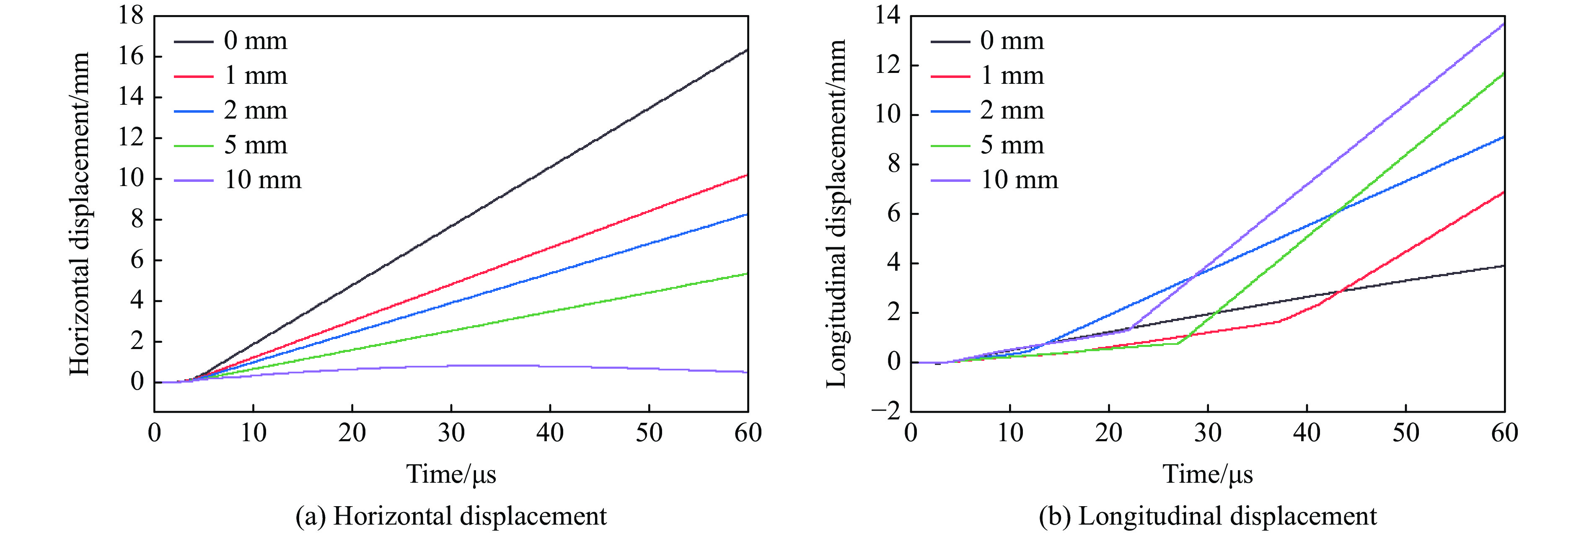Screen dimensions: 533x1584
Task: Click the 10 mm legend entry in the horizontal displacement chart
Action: (263, 180)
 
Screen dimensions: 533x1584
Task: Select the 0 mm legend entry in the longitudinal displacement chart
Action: (1012, 41)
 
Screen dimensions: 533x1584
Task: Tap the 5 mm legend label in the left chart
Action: (255, 145)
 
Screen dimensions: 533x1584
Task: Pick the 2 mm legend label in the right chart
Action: (1012, 111)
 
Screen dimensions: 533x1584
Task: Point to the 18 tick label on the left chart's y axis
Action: (131, 16)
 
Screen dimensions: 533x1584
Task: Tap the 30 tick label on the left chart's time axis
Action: (451, 433)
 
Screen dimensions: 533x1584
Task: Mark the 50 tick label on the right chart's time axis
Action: (1405, 433)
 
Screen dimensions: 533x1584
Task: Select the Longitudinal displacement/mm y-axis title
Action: (836, 213)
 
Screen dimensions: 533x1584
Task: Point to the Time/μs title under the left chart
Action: (451, 474)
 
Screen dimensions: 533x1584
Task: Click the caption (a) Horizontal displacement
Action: (451, 516)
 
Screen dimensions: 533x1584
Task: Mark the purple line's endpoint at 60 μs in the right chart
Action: (1504, 24)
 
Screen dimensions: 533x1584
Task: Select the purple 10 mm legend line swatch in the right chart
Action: (950, 181)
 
